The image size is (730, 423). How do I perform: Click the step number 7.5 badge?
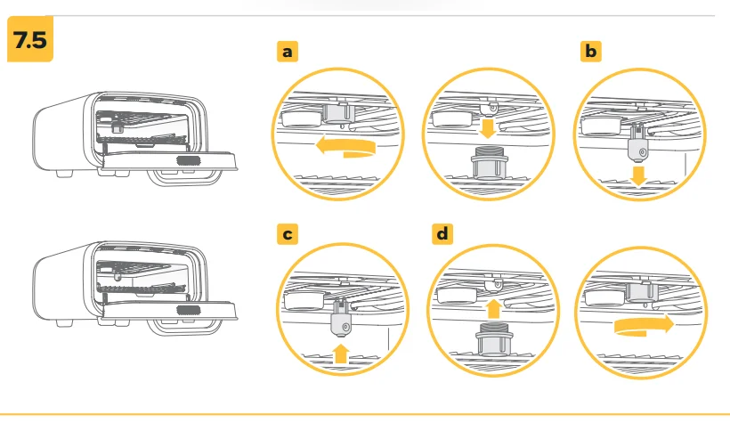(30, 39)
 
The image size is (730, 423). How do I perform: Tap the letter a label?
(288, 52)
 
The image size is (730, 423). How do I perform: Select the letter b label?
(591, 52)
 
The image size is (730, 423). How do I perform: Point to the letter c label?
(288, 234)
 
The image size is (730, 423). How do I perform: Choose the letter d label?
(442, 233)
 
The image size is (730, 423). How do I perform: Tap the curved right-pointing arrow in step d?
(644, 325)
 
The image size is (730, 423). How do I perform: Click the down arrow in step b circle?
(638, 176)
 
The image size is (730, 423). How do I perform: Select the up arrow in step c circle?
(341, 354)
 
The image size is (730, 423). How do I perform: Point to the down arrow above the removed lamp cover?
(488, 128)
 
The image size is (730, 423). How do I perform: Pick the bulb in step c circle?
(341, 319)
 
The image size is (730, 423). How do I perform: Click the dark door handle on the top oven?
(189, 161)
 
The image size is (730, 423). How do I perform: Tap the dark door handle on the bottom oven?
(189, 311)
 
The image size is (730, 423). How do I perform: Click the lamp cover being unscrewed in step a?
(337, 113)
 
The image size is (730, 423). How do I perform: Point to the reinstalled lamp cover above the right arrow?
(642, 291)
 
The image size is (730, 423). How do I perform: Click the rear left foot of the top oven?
(65, 174)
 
